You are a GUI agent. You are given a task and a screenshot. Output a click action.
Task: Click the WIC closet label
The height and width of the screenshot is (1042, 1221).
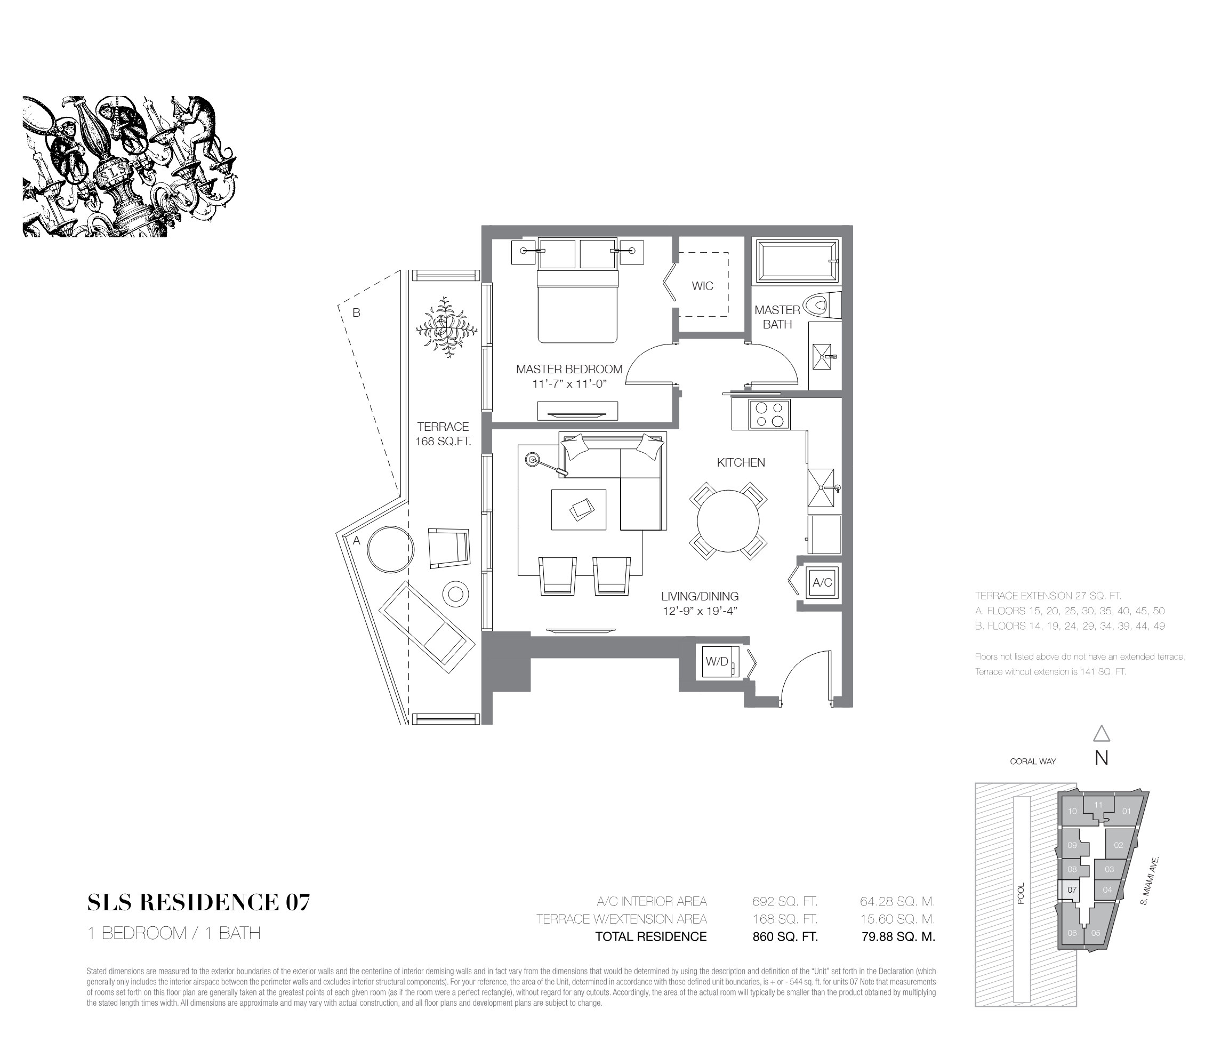tap(702, 286)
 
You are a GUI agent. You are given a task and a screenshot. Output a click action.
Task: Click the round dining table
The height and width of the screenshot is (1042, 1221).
tap(728, 521)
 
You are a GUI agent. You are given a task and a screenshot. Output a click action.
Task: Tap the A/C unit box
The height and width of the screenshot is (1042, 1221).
tap(822, 582)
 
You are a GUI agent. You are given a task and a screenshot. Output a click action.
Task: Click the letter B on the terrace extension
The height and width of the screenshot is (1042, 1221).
tap(357, 313)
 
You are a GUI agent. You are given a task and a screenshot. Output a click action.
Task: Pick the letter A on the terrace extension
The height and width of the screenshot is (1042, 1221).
tap(357, 540)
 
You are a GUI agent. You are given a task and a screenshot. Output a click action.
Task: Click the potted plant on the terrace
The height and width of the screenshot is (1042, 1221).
tap(446, 327)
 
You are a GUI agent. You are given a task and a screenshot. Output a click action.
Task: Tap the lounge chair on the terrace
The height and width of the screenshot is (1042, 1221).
tap(427, 624)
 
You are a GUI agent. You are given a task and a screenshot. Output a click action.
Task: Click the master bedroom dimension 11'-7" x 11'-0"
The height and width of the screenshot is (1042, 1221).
tap(569, 383)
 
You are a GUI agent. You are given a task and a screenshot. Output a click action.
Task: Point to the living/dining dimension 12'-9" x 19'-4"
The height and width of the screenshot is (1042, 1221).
tap(700, 611)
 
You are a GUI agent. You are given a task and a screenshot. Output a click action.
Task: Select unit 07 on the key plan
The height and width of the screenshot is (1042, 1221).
tap(1072, 889)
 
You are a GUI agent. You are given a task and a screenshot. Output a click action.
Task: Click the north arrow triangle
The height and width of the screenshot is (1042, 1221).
tap(1102, 733)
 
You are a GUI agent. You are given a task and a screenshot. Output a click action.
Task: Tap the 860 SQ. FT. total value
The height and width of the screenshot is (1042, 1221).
tap(785, 936)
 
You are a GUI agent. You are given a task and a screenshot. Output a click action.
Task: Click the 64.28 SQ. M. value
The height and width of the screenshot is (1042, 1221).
tap(897, 901)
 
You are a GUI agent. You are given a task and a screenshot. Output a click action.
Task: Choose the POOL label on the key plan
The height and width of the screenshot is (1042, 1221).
tap(1021, 893)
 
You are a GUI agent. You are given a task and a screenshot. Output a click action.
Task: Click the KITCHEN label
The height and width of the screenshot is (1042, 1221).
tap(741, 463)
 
